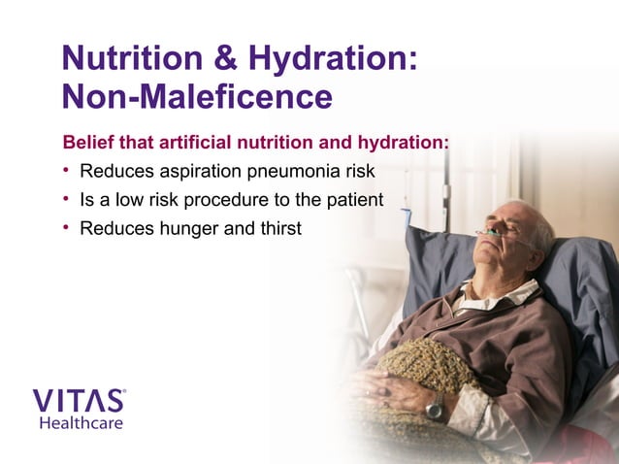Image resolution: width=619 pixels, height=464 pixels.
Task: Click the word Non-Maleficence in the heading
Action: pyautogui.click(x=197, y=96)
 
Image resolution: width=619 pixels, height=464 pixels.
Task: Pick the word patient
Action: pyautogui.click(x=356, y=200)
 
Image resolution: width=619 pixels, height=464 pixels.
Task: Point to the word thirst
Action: pyautogui.click(x=280, y=229)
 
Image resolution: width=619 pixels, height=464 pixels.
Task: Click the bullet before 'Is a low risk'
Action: pyautogui.click(x=67, y=200)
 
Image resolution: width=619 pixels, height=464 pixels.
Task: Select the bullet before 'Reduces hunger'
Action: pyautogui.click(x=67, y=229)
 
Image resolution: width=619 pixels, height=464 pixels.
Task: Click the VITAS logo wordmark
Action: pyautogui.click(x=79, y=401)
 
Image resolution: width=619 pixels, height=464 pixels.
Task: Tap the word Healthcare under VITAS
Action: pyautogui.click(x=81, y=423)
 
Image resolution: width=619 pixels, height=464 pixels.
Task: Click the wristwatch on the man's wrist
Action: pyautogui.click(x=436, y=406)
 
